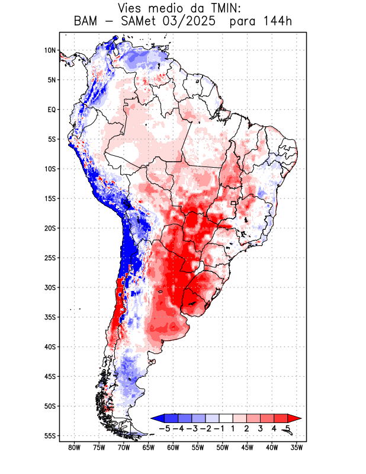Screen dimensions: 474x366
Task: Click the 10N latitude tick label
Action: (50, 50)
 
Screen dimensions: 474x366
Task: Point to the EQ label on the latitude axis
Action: (51, 110)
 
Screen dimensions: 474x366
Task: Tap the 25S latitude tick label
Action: (49, 258)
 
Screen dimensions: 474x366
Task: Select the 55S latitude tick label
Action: (49, 436)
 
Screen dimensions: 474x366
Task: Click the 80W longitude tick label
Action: (74, 448)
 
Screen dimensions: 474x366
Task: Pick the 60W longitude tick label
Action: (173, 448)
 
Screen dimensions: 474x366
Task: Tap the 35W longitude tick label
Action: (297, 448)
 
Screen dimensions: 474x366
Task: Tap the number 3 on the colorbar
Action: (261, 428)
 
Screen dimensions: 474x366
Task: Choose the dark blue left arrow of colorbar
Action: (158, 418)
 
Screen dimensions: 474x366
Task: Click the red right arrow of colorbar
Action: (294, 418)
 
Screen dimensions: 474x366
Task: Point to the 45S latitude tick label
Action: (49, 376)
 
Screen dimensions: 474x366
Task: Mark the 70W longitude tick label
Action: (123, 448)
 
